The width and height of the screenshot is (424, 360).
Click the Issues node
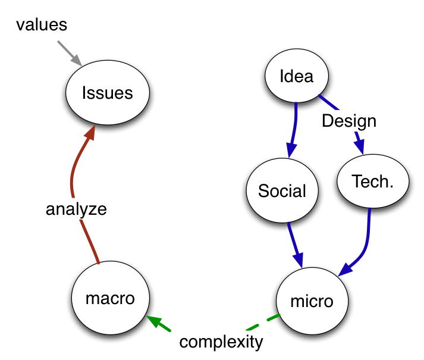point(107,93)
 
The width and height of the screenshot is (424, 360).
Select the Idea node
point(297,76)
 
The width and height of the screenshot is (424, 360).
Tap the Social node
point(282,191)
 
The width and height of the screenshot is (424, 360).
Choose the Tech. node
point(373,181)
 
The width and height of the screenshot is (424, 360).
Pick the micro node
point(312,301)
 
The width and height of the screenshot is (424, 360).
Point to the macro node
point(110,298)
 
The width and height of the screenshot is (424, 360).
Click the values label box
point(42,25)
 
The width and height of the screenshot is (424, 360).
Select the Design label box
point(349,121)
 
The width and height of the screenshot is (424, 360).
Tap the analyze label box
point(76,209)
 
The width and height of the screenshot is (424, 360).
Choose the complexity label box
point(221,342)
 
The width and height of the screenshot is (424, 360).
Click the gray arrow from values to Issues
point(70,53)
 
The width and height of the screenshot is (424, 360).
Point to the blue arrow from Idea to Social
point(294,128)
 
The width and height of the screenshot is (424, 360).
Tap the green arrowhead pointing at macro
point(154,322)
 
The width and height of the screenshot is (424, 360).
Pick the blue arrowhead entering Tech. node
point(360,146)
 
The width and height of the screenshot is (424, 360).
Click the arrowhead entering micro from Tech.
point(347,270)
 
